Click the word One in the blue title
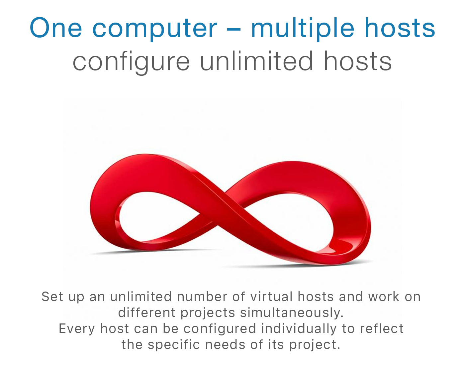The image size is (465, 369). point(56,28)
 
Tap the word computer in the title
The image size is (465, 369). point(154,30)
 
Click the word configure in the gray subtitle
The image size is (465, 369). point(131,62)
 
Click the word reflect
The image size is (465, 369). point(382,328)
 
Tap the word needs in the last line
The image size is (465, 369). point(225,344)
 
